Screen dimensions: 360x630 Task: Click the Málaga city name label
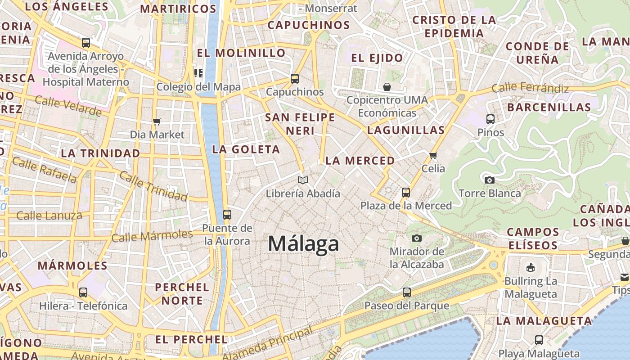pyautogui.click(x=303, y=244)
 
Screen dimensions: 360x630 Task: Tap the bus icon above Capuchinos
pyautogui.click(x=295, y=79)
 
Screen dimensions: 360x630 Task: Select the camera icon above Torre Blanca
pyautogui.click(x=489, y=180)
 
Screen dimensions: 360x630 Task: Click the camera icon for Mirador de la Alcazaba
pyautogui.click(x=417, y=238)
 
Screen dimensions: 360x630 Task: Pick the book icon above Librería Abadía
pyautogui.click(x=303, y=180)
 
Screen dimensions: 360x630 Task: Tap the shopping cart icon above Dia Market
pyautogui.click(x=157, y=121)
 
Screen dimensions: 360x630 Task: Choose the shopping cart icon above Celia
pyautogui.click(x=433, y=156)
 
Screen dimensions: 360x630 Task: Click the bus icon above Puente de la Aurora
pyautogui.click(x=227, y=214)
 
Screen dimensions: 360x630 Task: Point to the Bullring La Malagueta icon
pyautogui.click(x=531, y=268)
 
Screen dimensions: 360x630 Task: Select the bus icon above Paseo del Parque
pyautogui.click(x=406, y=292)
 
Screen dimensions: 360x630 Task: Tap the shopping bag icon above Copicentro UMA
pyautogui.click(x=387, y=86)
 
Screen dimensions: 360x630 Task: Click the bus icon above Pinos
pyautogui.click(x=490, y=119)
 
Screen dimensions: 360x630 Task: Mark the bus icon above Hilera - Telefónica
pyautogui.click(x=83, y=292)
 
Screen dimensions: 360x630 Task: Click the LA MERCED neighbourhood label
pyautogui.click(x=360, y=161)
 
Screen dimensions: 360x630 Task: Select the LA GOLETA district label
pyautogui.click(x=246, y=149)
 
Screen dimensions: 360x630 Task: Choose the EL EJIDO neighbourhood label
pyautogui.click(x=377, y=58)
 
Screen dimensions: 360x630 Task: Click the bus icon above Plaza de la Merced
pyautogui.click(x=406, y=193)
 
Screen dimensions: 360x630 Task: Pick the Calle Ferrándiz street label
pyautogui.click(x=530, y=88)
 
